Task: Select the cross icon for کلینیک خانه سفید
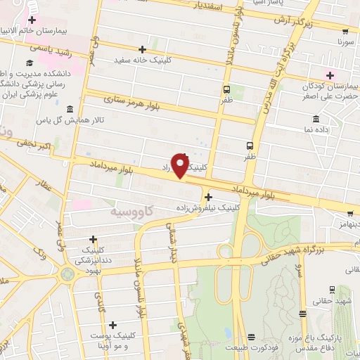(x=143, y=49)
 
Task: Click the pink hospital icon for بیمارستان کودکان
(x=328, y=75)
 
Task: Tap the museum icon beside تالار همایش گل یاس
(x=68, y=109)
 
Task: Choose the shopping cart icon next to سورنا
(x=345, y=32)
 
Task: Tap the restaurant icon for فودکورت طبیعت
(x=251, y=337)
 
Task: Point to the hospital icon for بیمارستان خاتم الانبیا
(x=32, y=19)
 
